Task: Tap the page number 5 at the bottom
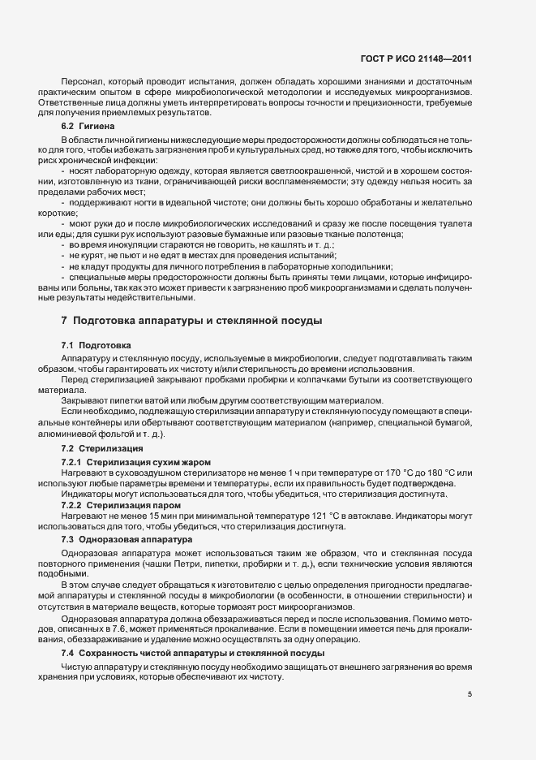pos(470,694)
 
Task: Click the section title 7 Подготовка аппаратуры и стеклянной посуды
pos(191,321)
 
